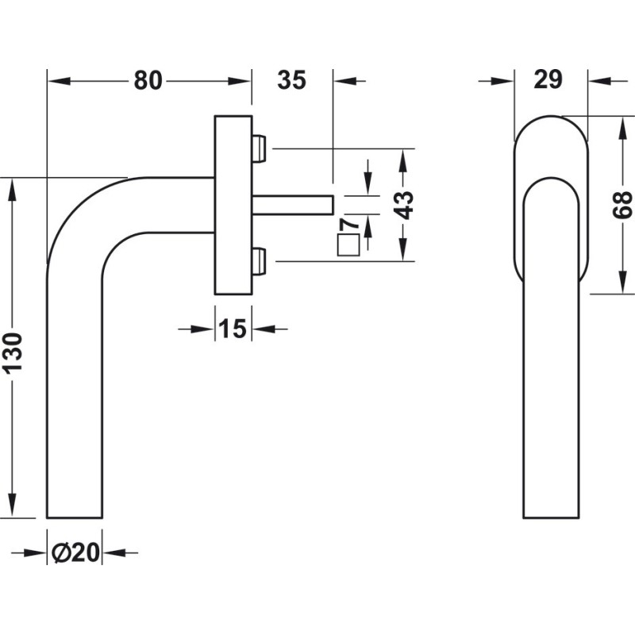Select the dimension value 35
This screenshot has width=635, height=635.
pos(292,80)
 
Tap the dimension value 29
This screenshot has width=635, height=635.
pos(548,79)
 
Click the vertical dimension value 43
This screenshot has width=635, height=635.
pos(404,205)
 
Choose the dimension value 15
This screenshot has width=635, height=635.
pos(232,329)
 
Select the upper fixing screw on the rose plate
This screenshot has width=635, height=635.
pos(259,147)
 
